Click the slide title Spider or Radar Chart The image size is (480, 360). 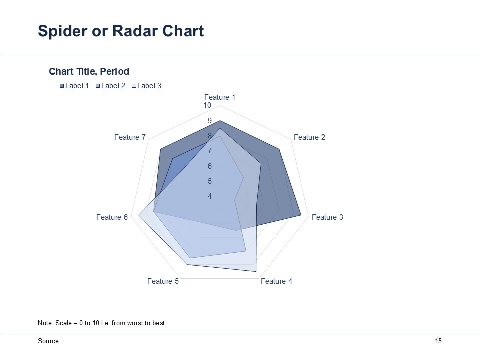tap(121, 31)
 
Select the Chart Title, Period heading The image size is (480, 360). tap(89, 71)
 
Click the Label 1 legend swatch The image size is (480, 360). tap(62, 86)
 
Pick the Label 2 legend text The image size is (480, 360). tap(113, 86)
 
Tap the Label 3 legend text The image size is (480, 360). tap(149, 86)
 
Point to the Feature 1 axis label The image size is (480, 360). tap(220, 97)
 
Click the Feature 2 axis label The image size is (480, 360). tap(309, 137)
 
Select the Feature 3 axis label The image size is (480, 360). tap(327, 217)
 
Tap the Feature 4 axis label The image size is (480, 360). tap(276, 281)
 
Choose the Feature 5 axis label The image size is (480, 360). tap(163, 281)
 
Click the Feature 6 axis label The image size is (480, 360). tap(112, 217)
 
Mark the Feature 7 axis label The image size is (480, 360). tap(130, 137)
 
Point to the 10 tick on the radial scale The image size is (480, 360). tap(207, 105)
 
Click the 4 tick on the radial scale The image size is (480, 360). tap(210, 196)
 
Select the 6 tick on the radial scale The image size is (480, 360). tap(210, 166)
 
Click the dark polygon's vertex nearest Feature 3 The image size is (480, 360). tap(301, 216)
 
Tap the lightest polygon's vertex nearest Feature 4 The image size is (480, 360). tap(256, 271)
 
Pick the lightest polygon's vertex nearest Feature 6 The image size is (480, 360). tap(138, 216)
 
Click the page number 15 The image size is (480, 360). tap(438, 341)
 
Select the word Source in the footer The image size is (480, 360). tap(48, 341)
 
